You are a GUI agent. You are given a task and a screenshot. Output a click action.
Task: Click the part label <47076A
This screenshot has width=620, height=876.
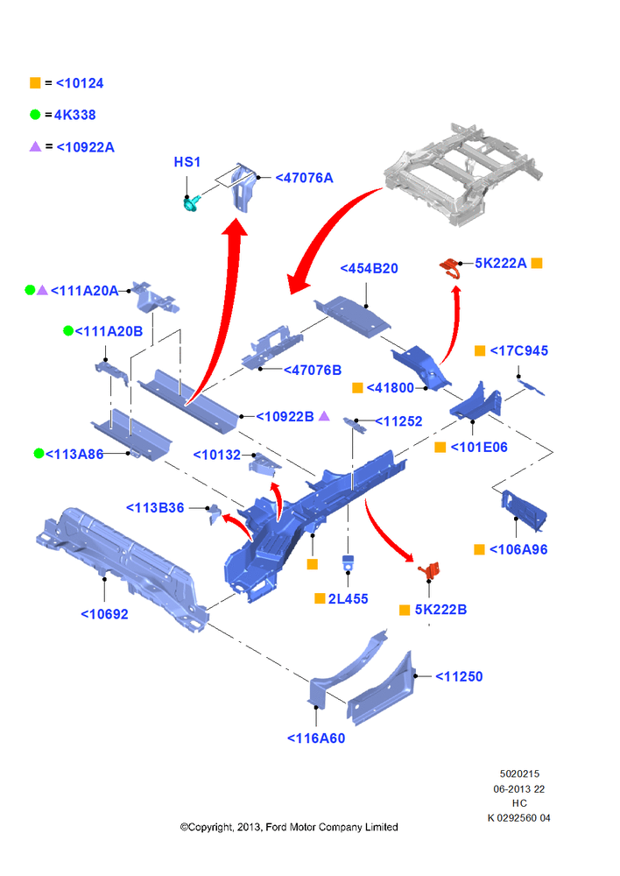tap(305, 178)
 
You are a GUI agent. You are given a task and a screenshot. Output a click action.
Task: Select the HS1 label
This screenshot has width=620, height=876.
tap(187, 162)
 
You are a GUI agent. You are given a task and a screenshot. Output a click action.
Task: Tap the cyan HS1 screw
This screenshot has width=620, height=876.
tap(192, 203)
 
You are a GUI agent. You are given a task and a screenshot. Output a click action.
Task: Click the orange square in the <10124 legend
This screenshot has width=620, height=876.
tap(35, 82)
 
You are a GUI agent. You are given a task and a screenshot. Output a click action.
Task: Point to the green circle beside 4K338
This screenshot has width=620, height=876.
tap(35, 115)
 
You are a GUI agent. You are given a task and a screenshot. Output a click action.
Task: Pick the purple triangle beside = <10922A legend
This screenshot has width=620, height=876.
tap(35, 146)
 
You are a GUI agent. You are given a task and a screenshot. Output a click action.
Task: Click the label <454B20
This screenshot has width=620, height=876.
tap(370, 269)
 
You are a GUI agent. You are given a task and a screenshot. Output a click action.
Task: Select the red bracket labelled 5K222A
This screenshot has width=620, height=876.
tap(449, 266)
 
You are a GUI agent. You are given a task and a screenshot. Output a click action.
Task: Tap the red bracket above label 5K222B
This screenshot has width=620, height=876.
tap(429, 570)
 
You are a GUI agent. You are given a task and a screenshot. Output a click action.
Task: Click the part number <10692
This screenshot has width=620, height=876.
tap(104, 614)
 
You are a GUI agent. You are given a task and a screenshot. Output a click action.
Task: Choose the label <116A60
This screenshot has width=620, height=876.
tap(316, 738)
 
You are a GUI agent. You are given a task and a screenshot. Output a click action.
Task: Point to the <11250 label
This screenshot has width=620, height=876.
tap(459, 676)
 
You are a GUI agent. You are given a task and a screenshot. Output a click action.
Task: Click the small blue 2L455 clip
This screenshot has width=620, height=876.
tap(348, 562)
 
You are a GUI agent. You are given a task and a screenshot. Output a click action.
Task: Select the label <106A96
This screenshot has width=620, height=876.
tap(518, 550)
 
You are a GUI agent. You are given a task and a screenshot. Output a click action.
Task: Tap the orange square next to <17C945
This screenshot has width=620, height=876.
tap(480, 350)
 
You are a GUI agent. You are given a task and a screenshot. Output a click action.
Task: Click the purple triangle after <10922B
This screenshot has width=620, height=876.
tap(324, 415)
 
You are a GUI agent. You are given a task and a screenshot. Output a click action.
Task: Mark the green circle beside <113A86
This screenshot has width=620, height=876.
tap(39, 453)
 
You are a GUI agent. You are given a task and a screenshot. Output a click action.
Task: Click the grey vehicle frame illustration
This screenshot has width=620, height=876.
tap(463, 174)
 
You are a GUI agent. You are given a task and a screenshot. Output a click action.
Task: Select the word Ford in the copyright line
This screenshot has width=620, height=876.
tap(277, 827)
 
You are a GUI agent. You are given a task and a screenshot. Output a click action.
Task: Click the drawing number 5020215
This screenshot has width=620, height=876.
tap(519, 774)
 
